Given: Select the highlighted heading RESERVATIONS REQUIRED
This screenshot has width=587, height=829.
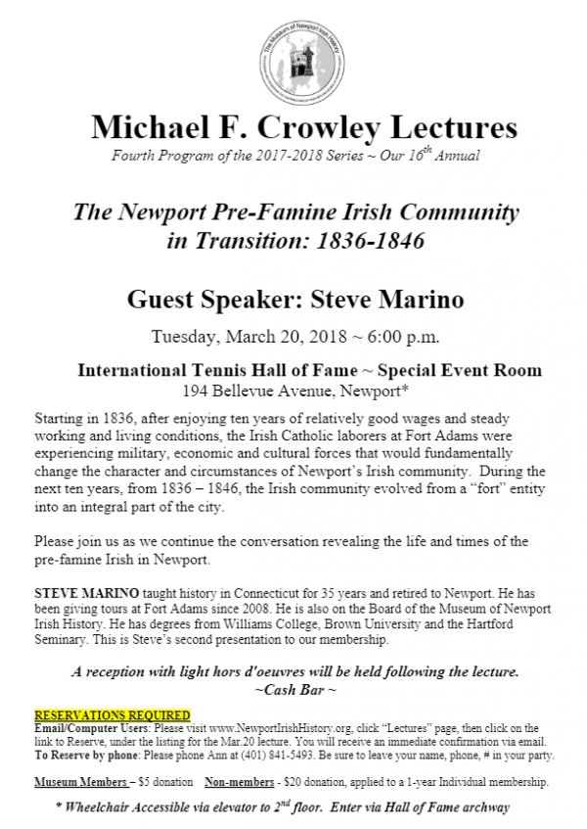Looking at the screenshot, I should (113, 715).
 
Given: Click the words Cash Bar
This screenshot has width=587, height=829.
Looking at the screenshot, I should (298, 691).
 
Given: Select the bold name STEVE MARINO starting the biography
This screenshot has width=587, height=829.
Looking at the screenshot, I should (81, 593).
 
